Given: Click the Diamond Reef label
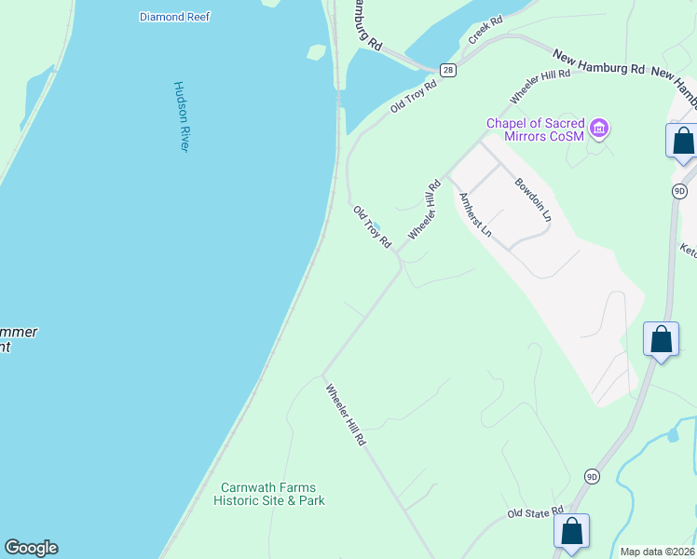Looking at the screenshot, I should pyautogui.click(x=174, y=17).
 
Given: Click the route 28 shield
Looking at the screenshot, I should pyautogui.click(x=448, y=70).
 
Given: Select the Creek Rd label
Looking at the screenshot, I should pyautogui.click(x=485, y=31).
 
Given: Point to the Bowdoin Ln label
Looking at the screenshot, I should pyautogui.click(x=533, y=198).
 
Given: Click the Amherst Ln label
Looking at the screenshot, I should pyautogui.click(x=474, y=215).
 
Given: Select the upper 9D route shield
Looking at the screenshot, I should pyautogui.click(x=679, y=190).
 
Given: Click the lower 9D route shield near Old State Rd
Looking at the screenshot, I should pyautogui.click(x=593, y=476).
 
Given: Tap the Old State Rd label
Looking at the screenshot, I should pyautogui.click(x=536, y=512).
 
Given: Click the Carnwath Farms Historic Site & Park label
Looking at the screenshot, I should pyautogui.click(x=268, y=494).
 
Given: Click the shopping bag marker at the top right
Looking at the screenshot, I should pyautogui.click(x=683, y=141).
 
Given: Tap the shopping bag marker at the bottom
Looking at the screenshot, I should pyautogui.click(x=571, y=531).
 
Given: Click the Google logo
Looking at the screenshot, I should pyautogui.click(x=31, y=548).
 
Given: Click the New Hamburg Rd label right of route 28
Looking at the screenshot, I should pyautogui.click(x=598, y=64).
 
